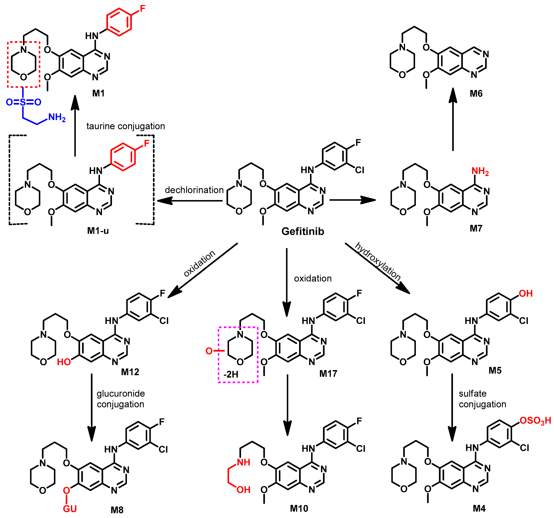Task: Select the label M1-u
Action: (x=98, y=231)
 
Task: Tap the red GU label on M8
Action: (x=70, y=509)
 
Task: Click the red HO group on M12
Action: (x=64, y=362)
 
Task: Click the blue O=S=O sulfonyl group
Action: (x=23, y=102)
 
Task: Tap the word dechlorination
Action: (x=194, y=190)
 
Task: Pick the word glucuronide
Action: (x=121, y=394)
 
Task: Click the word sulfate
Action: (x=473, y=394)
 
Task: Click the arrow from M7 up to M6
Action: (x=453, y=120)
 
